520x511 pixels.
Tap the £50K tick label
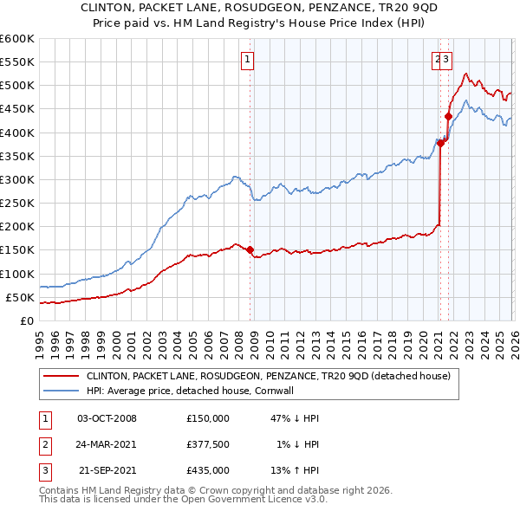point(20,297)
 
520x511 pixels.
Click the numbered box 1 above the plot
point(248,60)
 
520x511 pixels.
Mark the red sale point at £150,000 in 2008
point(250,250)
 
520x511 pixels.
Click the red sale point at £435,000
point(448,116)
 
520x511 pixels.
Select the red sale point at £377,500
point(440,144)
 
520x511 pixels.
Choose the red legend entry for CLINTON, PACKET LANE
point(268,377)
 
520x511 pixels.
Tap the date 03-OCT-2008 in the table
point(107,417)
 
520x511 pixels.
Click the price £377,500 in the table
point(207,444)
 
